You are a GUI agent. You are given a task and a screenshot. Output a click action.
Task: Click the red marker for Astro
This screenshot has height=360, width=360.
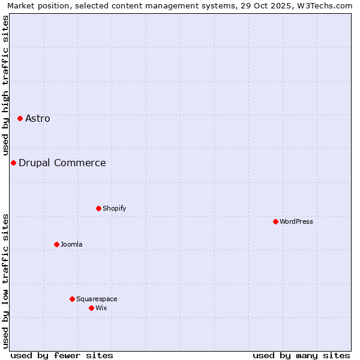[20, 118]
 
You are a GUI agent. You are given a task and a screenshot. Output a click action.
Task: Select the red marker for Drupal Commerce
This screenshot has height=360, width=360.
[13, 163]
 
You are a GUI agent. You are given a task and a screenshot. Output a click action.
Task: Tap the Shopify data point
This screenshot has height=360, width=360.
[98, 208]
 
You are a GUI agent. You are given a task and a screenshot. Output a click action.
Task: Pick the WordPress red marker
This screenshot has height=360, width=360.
[275, 221]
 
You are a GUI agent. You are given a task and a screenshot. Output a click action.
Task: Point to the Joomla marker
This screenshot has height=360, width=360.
[56, 244]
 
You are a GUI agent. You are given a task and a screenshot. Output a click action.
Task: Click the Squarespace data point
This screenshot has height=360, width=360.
[72, 299]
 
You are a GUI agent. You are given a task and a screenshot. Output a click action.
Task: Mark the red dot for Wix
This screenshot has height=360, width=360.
[91, 308]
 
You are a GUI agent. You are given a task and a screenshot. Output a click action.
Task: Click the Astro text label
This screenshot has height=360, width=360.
[38, 118]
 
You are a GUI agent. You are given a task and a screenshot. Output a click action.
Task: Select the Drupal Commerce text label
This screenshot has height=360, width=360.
[62, 163]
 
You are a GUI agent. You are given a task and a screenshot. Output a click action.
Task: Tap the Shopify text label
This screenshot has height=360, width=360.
[115, 208]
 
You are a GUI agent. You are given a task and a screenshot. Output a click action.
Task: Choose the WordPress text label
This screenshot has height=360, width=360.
[296, 221]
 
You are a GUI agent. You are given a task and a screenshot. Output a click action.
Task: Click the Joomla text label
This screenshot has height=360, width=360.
[71, 244]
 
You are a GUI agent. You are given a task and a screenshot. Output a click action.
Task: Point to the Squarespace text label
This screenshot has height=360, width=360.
[97, 299]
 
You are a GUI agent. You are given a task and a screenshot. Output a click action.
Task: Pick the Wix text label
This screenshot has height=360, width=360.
[101, 308]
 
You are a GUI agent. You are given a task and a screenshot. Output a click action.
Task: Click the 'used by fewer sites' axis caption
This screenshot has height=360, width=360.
[62, 355]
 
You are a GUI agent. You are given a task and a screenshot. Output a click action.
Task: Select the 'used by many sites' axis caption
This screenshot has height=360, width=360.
[301, 355]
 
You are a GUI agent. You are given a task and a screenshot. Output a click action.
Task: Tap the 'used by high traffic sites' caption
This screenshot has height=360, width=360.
[5, 85]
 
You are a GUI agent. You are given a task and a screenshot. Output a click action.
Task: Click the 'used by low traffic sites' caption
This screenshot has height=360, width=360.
[5, 281]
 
